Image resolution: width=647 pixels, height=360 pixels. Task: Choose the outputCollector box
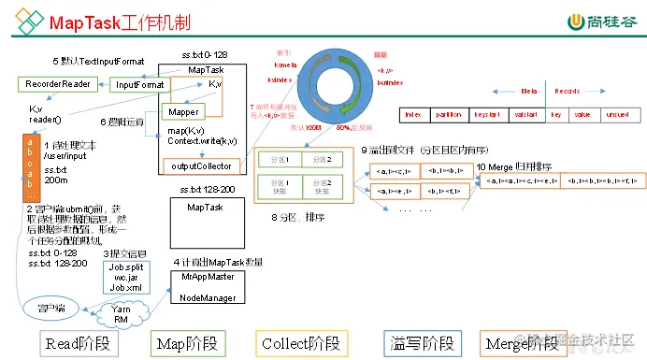click(x=202, y=166)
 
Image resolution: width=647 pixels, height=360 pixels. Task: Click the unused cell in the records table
click(x=616, y=114)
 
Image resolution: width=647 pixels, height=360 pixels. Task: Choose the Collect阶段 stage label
click(x=297, y=343)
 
